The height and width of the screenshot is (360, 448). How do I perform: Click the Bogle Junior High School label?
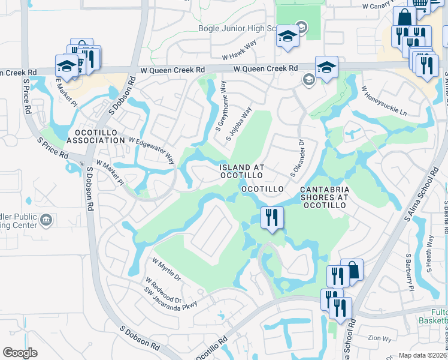(237, 28)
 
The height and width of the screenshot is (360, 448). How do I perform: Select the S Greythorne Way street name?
(220, 107)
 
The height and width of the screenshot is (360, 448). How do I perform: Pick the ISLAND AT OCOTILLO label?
(241, 171)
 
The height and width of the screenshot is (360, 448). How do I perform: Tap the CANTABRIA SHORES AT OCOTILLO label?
(324, 197)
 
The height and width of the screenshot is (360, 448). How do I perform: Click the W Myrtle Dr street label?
(167, 270)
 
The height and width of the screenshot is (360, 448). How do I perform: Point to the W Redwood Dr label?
(163, 290)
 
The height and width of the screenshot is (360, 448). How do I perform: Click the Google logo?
(20, 352)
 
